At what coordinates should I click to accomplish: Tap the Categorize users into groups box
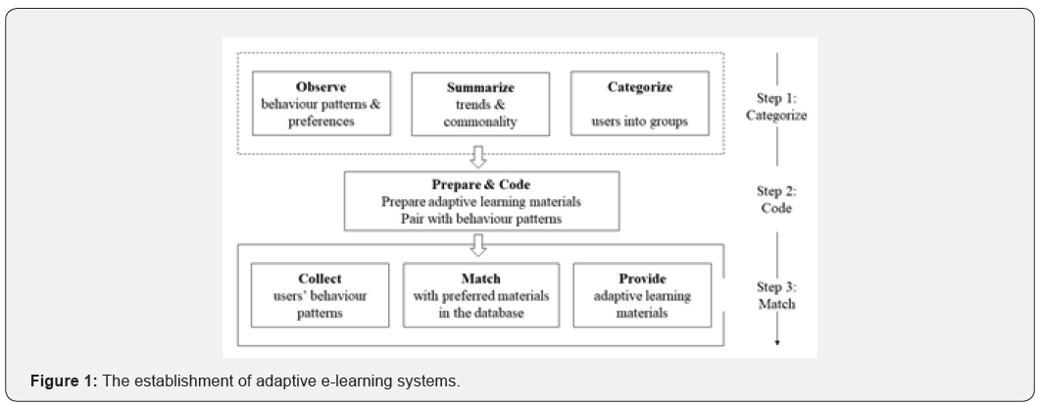639,104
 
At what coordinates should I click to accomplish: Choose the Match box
480,294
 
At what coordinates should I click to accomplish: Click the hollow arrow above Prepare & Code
479,156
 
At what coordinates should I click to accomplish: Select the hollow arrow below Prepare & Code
479,245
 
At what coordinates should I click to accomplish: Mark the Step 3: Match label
776,295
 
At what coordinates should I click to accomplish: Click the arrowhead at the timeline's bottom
777,340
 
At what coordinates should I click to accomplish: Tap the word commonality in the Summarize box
480,124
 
